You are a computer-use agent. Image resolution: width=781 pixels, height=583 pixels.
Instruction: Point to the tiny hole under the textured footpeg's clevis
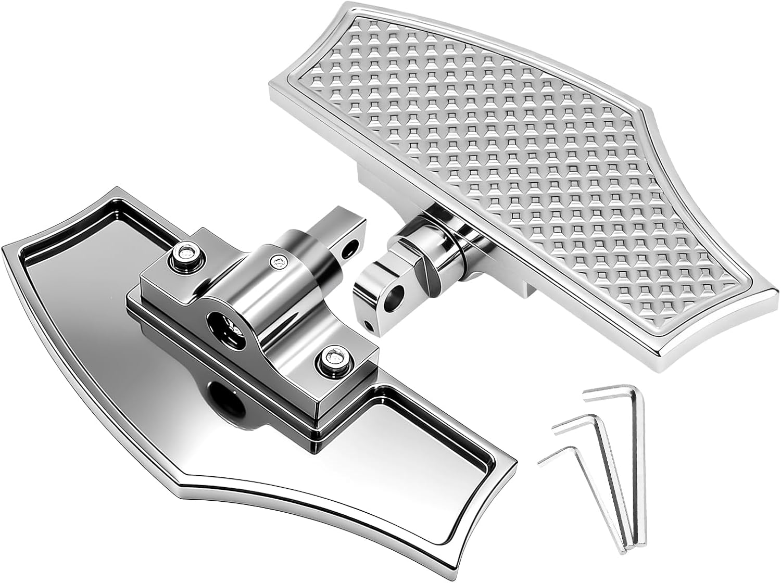[x=369, y=325]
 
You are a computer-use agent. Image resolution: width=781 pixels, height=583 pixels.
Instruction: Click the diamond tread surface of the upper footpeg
[x=495, y=182]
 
